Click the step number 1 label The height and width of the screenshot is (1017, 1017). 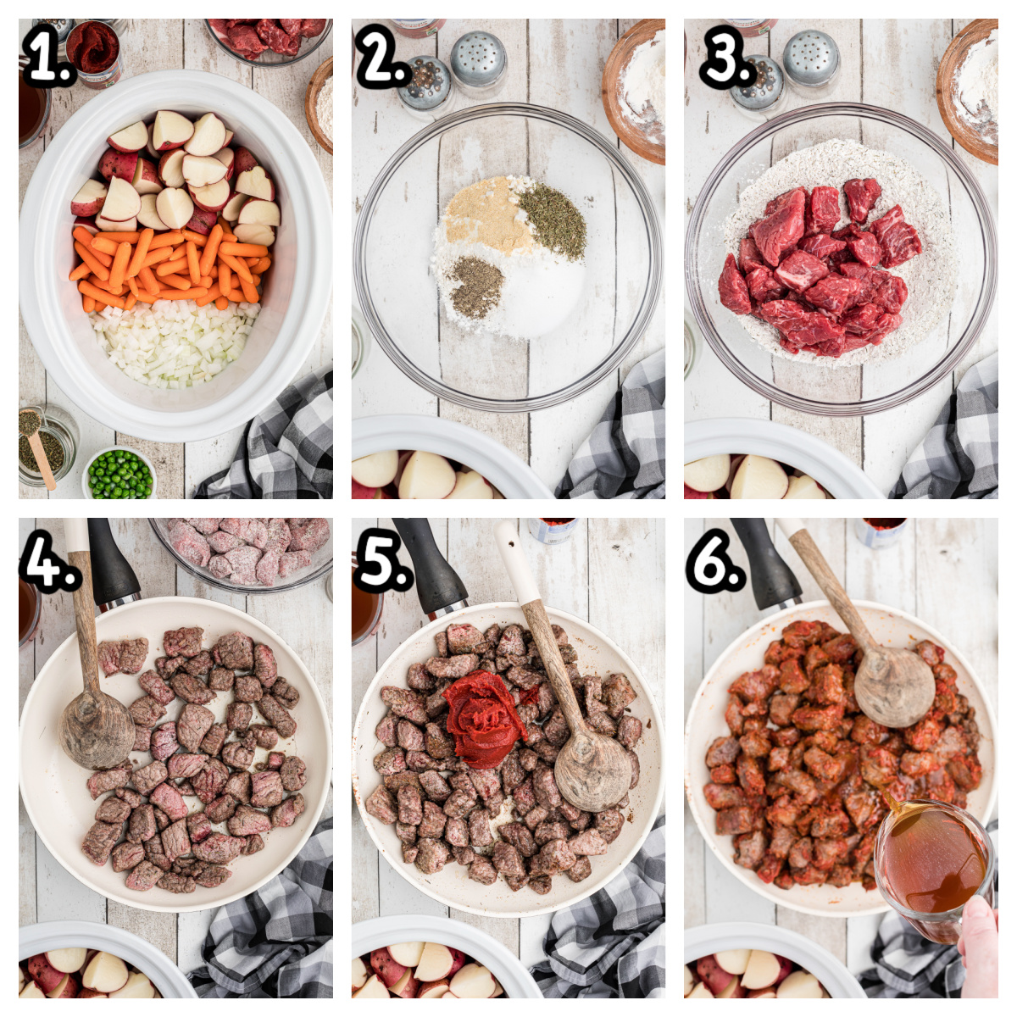pos(48,58)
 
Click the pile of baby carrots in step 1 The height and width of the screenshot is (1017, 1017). pos(169,263)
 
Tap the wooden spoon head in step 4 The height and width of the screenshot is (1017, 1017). pos(96,731)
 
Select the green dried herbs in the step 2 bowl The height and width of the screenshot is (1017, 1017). pos(553,220)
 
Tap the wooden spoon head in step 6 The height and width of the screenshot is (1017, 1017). pos(893,685)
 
